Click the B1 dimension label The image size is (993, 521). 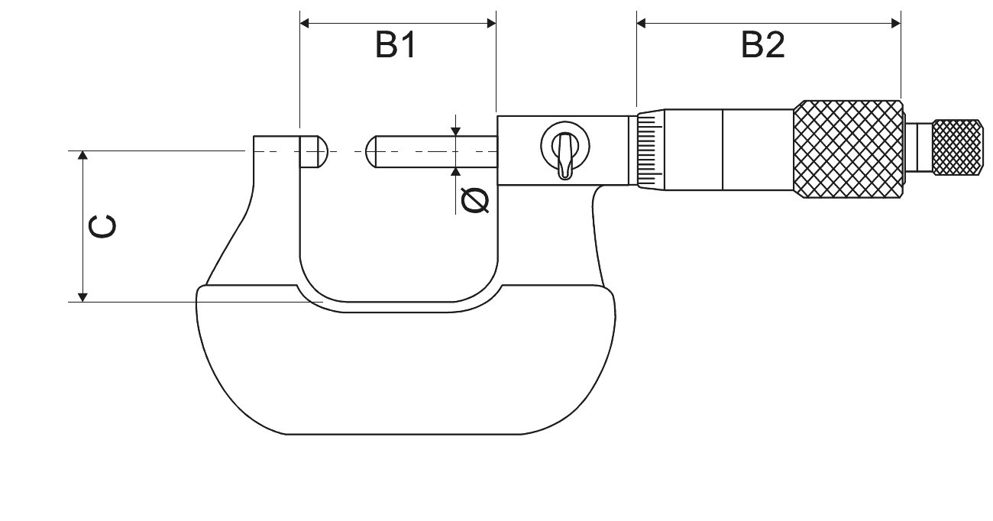click(396, 45)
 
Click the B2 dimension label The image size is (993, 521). click(763, 45)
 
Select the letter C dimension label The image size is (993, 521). click(102, 227)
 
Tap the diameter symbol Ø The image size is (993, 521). click(475, 200)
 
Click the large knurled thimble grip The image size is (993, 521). click(848, 149)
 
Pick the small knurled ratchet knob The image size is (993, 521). click(958, 147)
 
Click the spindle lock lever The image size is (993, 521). click(564, 156)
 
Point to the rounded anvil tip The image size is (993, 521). click(323, 152)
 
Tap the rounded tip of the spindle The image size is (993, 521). click(370, 152)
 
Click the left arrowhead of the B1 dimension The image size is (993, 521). click(304, 23)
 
